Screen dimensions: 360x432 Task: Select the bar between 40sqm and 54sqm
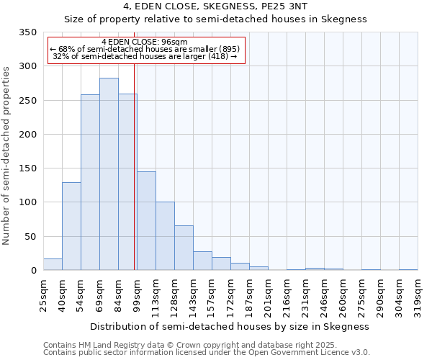coord(71,226)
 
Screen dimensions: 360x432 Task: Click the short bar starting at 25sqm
coord(53,264)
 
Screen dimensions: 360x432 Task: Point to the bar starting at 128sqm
coord(184,248)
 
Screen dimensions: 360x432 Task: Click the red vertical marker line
coord(134,166)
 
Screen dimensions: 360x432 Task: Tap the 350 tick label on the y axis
coord(27,32)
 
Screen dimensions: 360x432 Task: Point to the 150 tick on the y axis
coord(27,168)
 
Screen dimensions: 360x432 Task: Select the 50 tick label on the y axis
coord(30,237)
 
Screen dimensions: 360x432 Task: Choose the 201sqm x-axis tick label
coord(268,295)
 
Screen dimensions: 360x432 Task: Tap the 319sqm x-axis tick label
coord(418,295)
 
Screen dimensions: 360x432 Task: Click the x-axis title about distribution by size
coord(230,326)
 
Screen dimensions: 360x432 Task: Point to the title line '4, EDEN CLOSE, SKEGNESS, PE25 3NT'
coord(215,6)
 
